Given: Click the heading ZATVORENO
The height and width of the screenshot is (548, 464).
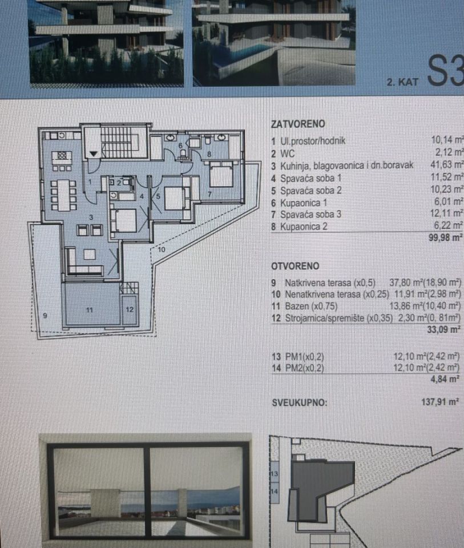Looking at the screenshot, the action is click(x=298, y=124).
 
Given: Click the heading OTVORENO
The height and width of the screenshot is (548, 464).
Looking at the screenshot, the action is click(x=295, y=266).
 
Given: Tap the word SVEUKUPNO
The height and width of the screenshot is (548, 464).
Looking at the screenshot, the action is click(x=300, y=402).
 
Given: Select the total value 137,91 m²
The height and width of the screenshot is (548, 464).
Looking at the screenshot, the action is click(x=440, y=402).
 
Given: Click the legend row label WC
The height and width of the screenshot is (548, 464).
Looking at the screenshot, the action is click(x=288, y=154).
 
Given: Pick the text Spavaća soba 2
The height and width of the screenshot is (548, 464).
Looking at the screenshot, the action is click(x=310, y=191).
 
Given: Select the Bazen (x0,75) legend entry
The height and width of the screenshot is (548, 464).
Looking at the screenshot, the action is click(x=311, y=307).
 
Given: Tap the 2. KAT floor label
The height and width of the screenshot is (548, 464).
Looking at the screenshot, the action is click(x=402, y=82).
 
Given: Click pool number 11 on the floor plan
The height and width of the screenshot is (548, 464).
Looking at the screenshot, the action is click(x=90, y=309).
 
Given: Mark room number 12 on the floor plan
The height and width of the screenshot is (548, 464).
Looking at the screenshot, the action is click(x=130, y=309).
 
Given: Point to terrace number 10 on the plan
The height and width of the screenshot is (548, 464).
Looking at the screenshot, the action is click(x=162, y=249).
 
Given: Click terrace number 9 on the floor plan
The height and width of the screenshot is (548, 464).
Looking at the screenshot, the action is click(x=45, y=316).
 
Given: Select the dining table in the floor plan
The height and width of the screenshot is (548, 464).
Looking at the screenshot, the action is click(x=63, y=195).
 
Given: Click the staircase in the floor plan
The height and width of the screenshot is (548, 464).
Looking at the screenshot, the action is click(x=120, y=142).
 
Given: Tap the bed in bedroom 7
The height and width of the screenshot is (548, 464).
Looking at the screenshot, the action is click(x=221, y=174).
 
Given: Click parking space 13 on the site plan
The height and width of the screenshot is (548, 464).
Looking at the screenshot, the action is click(x=275, y=474).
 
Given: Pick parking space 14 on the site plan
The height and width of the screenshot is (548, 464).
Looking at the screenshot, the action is click(x=275, y=491).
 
